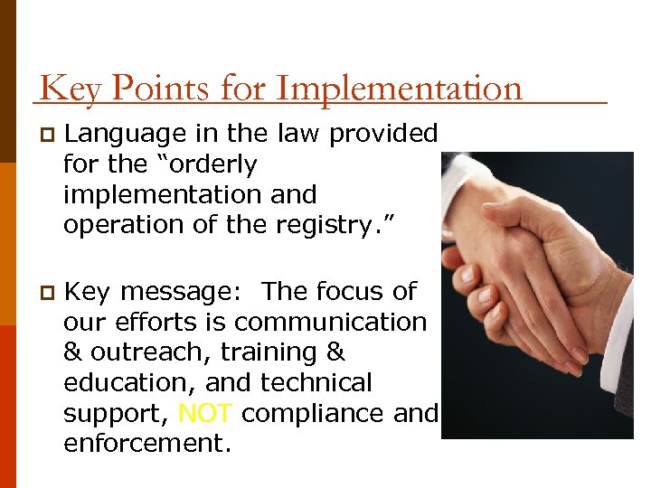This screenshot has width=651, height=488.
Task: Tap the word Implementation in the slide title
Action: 399,89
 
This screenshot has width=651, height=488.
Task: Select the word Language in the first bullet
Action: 127,134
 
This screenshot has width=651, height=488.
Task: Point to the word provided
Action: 383,134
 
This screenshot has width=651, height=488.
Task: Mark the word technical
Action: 316,383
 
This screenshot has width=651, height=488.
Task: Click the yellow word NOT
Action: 207,414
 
